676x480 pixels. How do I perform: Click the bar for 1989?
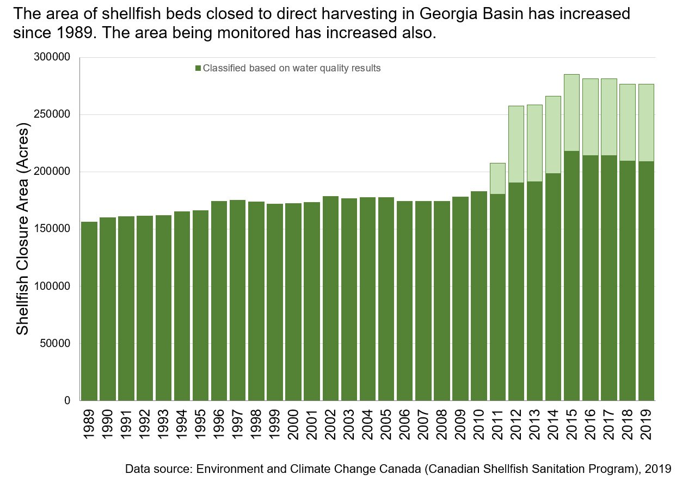pyautogui.click(x=89, y=311)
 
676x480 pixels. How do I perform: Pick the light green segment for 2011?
pyautogui.click(x=497, y=178)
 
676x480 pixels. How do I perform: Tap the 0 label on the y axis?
pyautogui.click(x=67, y=401)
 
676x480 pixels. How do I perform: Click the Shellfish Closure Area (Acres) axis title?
pyautogui.click(x=22, y=229)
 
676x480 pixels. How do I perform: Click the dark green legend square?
pyautogui.click(x=198, y=69)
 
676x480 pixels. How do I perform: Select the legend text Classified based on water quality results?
pyautogui.click(x=291, y=69)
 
